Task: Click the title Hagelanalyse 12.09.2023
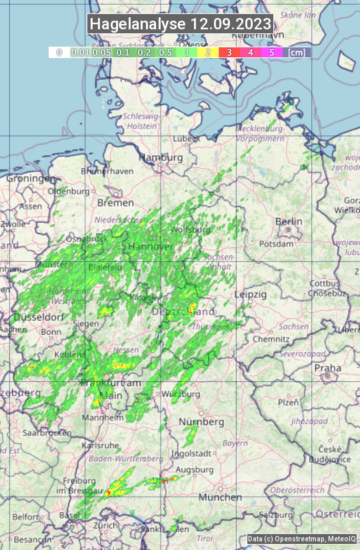coord(180,24)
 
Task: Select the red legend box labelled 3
coord(229,52)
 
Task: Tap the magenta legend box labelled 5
coord(271,52)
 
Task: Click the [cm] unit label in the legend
coord(297,52)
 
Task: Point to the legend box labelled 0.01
coord(80,52)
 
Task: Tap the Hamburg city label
coord(161,157)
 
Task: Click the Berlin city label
coord(289,221)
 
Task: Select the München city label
coord(219,497)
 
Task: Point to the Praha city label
coord(328,368)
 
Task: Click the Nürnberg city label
coord(201,422)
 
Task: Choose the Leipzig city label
coord(250,294)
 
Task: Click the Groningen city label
coord(31,179)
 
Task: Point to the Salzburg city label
coord(276,515)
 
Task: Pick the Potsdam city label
coord(276,244)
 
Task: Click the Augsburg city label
coord(196,470)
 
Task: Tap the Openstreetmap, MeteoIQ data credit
coord(302,539)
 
